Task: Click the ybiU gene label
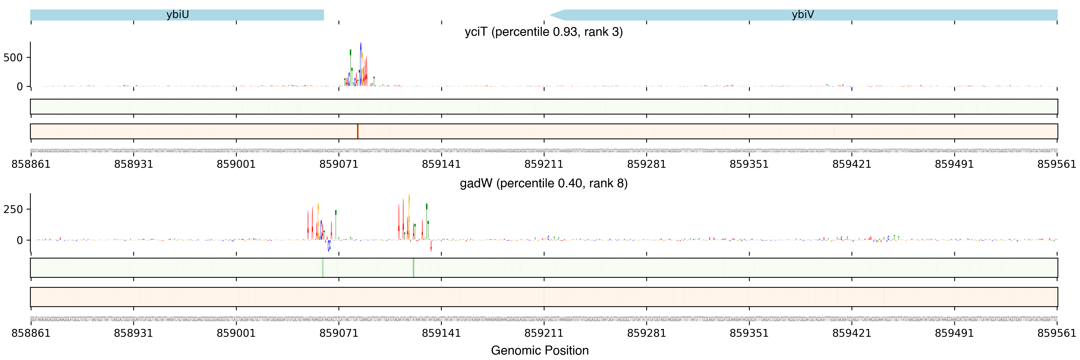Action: tap(177, 15)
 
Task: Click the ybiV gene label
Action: tap(802, 15)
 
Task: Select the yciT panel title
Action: tap(543, 32)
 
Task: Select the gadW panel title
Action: tap(543, 183)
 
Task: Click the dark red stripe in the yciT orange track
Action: tap(357, 131)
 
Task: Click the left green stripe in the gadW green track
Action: tap(322, 267)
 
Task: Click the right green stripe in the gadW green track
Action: tap(413, 267)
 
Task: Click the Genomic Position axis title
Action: tap(539, 350)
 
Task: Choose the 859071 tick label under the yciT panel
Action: tap(339, 164)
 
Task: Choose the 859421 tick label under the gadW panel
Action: tap(851, 333)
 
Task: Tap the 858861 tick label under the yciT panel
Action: tap(31, 164)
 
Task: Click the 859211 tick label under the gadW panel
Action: tap(544, 333)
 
